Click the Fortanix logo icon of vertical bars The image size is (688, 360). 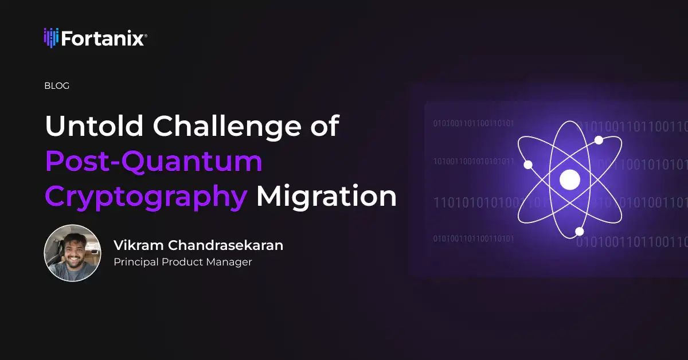click(51, 38)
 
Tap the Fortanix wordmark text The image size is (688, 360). click(102, 38)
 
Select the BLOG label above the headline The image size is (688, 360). click(57, 86)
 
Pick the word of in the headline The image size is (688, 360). click(322, 127)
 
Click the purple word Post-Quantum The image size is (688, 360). click(154, 163)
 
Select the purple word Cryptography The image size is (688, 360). click(146, 197)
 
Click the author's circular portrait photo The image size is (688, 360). click(73, 253)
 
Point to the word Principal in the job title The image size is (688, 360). click(135, 263)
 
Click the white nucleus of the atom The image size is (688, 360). click(570, 179)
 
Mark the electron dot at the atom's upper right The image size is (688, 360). click(599, 140)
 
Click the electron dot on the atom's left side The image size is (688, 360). click(528, 165)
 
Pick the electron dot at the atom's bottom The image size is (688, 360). click(580, 232)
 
